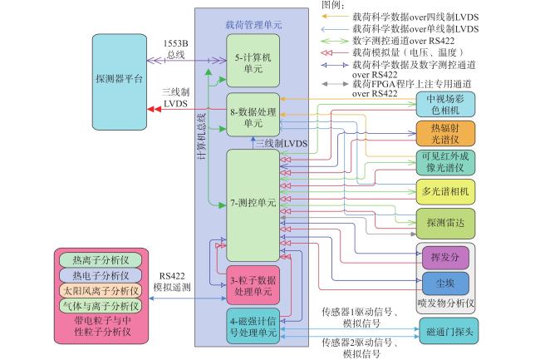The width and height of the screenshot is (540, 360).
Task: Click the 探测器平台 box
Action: [x=120, y=82]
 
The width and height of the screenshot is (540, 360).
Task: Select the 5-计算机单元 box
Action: [x=253, y=61]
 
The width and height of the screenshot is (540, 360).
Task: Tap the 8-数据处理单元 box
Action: [x=253, y=115]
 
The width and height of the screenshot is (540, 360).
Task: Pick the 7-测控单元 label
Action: [x=253, y=203]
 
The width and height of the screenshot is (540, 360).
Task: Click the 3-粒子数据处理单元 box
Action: [x=253, y=285]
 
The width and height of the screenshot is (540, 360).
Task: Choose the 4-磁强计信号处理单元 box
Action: [x=253, y=326]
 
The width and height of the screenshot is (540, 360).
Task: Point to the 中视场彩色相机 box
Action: [x=445, y=105]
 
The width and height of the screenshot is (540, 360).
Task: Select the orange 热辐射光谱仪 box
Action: [x=445, y=134]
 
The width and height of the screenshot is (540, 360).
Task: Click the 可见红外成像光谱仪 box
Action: [x=445, y=162]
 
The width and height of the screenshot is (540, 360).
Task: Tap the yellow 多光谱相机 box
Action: [x=445, y=191]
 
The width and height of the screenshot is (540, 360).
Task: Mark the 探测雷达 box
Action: [x=445, y=224]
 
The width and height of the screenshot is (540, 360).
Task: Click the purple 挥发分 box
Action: [x=445, y=258]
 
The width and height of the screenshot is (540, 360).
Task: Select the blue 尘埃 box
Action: [x=445, y=284]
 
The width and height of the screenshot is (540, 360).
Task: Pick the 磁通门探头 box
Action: [x=449, y=332]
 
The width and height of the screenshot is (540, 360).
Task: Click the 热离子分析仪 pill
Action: [x=101, y=260]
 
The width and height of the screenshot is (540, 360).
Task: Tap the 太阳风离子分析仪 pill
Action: [x=101, y=290]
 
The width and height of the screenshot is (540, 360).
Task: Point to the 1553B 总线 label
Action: [x=175, y=49]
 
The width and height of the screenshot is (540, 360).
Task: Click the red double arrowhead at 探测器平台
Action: [x=154, y=109]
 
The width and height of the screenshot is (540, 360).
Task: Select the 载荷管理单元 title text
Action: [x=253, y=25]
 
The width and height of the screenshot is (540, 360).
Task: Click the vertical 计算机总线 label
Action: [x=202, y=136]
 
